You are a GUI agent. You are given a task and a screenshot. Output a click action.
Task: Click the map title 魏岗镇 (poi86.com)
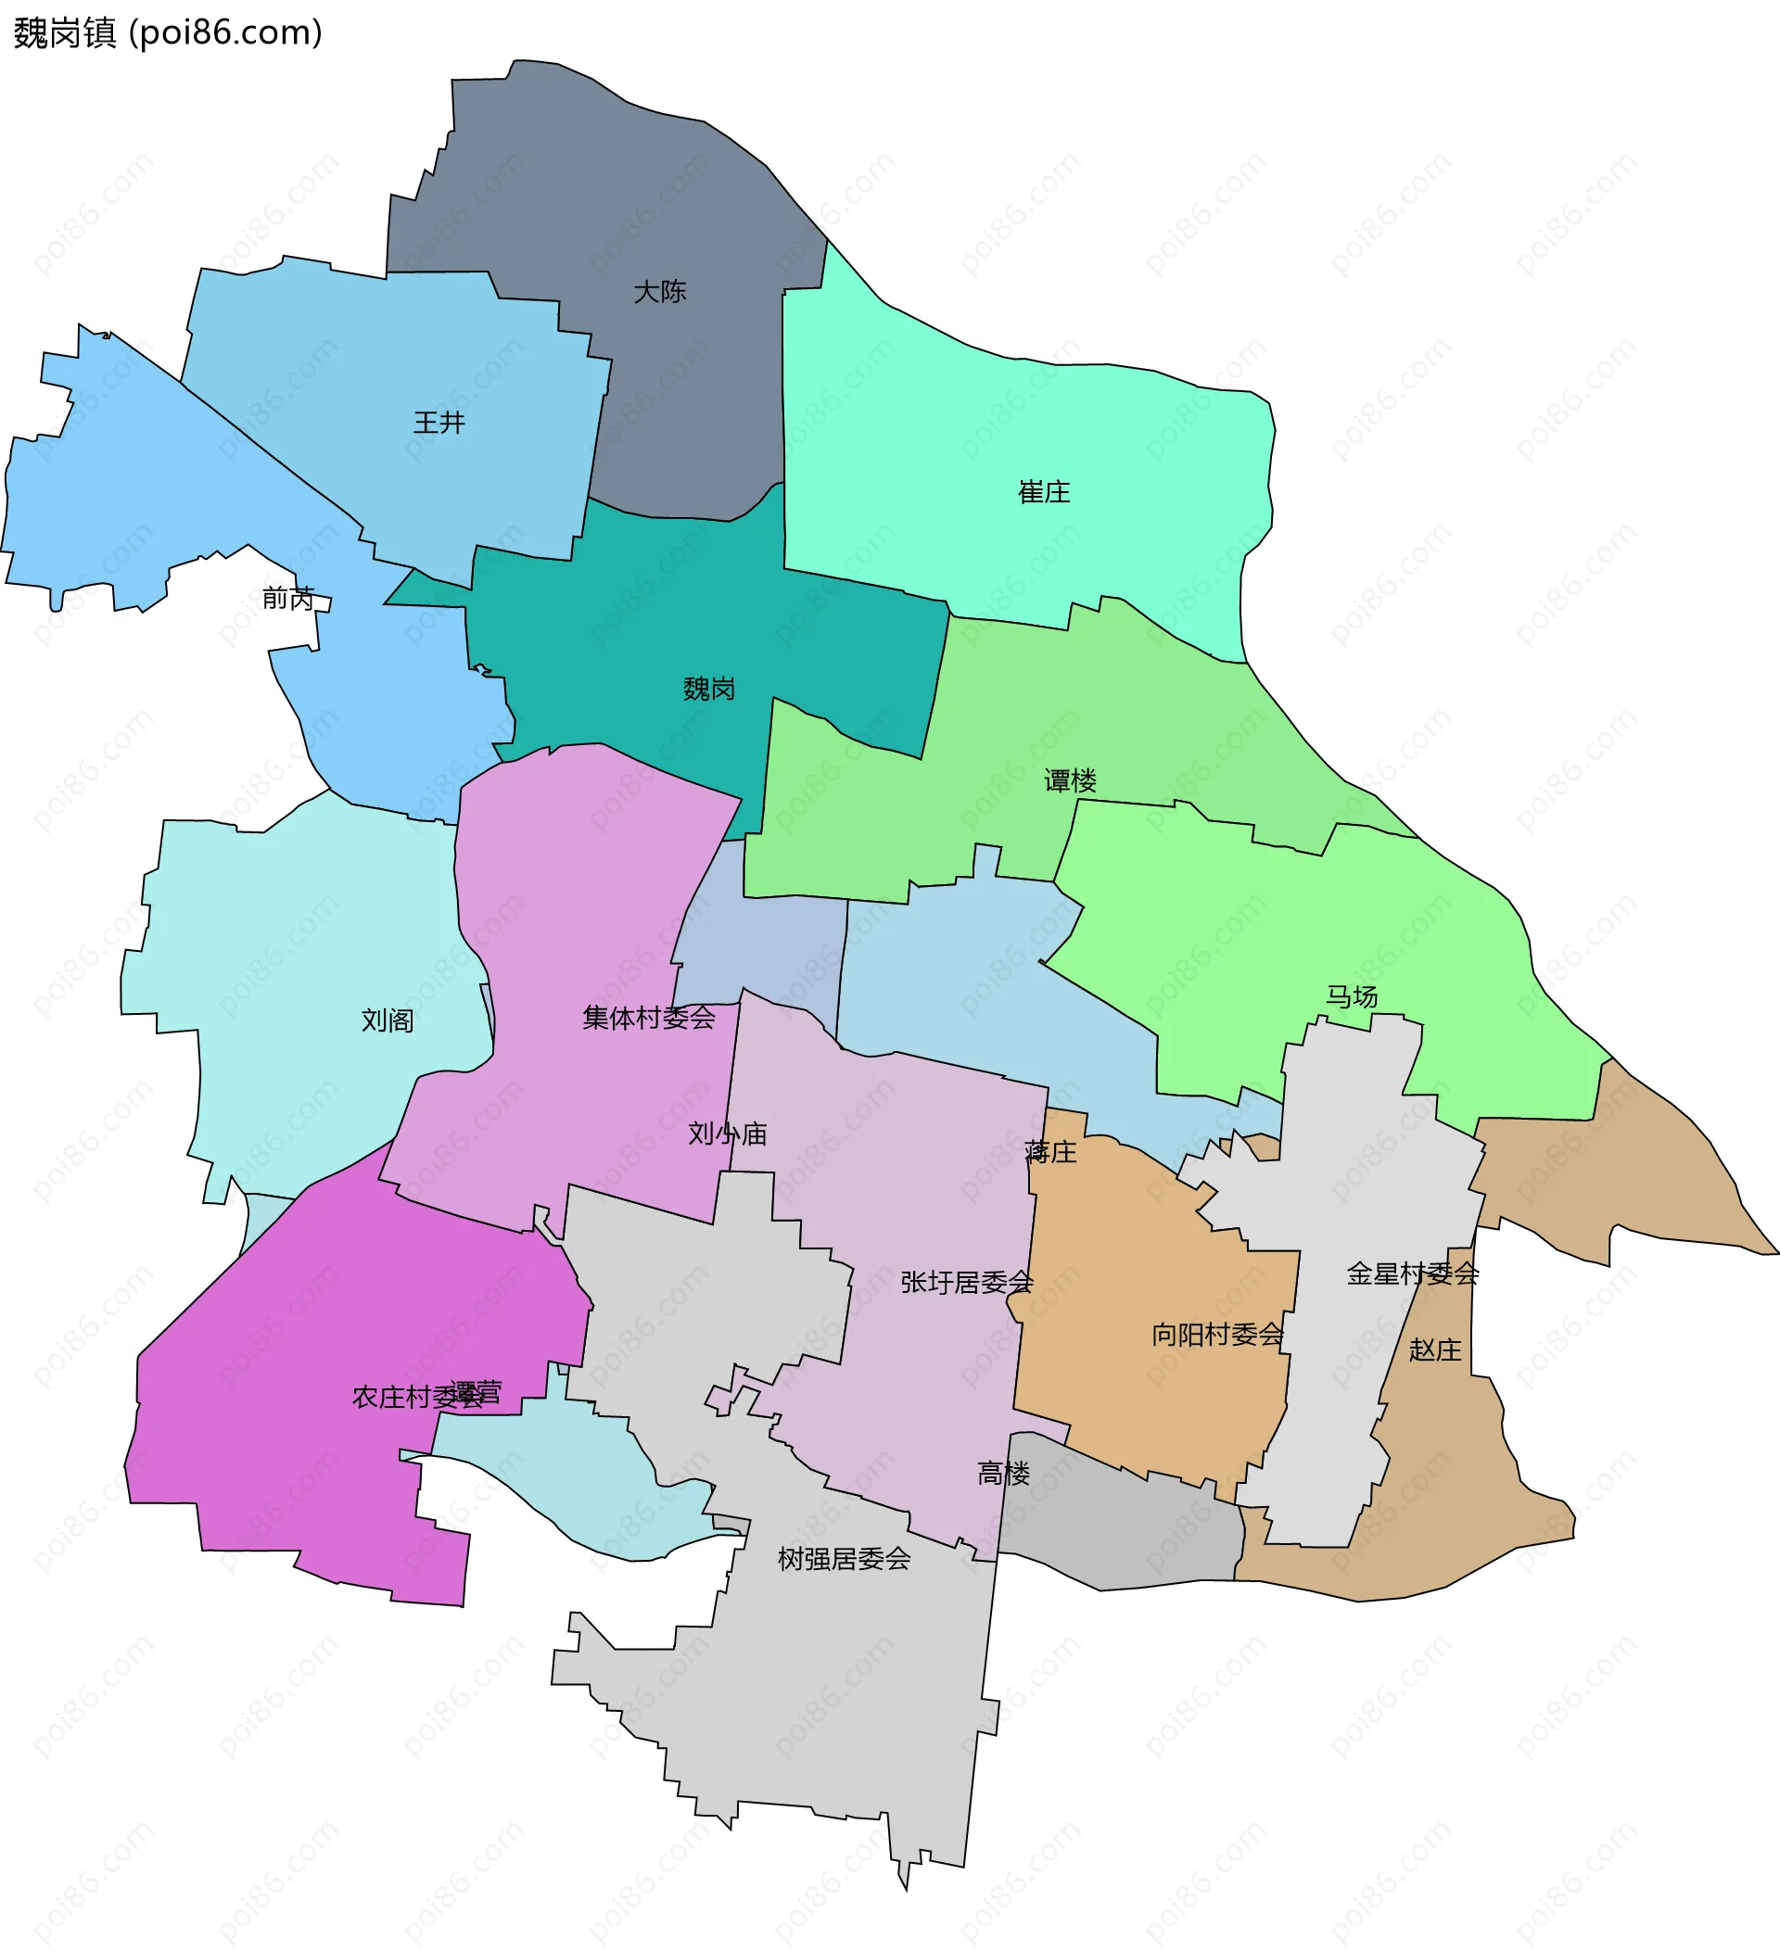[168, 33]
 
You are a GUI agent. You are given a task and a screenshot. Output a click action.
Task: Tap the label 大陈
[659, 291]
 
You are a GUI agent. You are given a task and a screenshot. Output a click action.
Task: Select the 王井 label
[439, 423]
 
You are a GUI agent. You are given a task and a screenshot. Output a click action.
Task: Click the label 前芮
[288, 599]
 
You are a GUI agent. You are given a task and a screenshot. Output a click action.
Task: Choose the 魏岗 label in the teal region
[708, 689]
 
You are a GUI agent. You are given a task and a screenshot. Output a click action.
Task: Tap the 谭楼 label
[1070, 781]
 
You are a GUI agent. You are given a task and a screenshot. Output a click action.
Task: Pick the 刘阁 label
[388, 1021]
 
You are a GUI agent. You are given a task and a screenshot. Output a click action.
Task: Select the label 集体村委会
[649, 1018]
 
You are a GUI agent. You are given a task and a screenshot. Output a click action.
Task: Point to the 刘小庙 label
[727, 1134]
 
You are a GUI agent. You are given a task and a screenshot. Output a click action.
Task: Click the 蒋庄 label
[1050, 1152]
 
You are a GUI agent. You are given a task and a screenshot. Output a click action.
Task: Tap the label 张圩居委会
[966, 1282]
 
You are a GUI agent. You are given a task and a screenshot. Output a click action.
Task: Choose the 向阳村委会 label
[1216, 1336]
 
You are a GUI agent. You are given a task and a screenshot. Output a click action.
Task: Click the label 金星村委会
[1412, 1274]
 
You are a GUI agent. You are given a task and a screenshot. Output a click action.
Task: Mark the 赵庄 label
[1434, 1350]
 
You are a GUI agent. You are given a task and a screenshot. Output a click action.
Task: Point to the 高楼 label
[1003, 1474]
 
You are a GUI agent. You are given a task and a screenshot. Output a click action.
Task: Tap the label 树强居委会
[844, 1559]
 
